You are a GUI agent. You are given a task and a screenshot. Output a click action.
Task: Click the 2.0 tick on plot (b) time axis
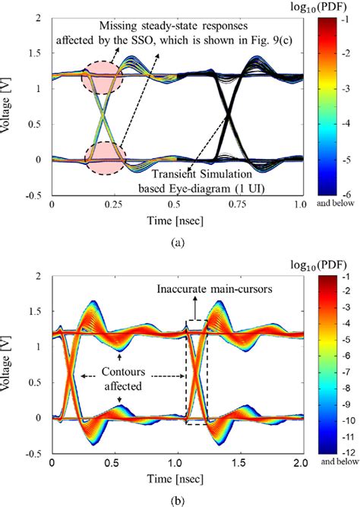point(300,461)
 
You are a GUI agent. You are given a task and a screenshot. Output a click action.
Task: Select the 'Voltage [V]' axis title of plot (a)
point(8,118)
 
